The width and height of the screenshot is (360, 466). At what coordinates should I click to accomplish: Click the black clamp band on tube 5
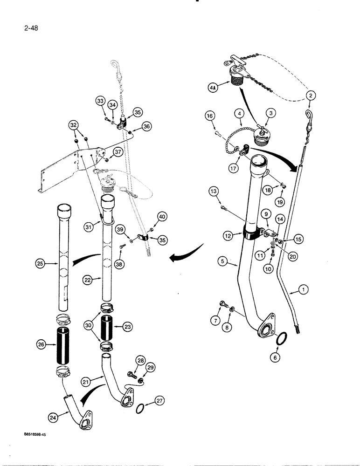[x=251, y=233]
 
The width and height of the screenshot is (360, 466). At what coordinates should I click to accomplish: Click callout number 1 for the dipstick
[x=304, y=290]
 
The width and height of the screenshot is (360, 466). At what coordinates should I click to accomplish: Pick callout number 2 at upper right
[x=311, y=96]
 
